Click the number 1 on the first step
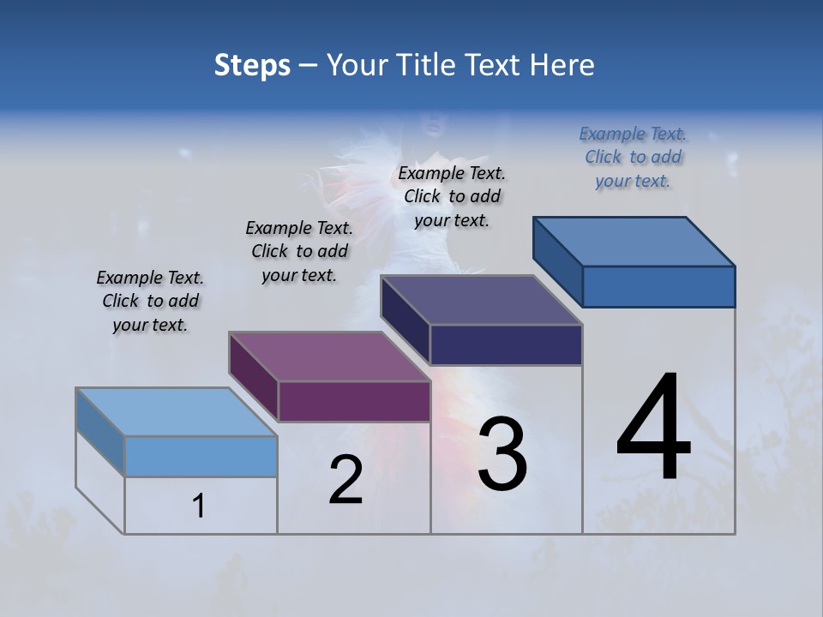(x=199, y=506)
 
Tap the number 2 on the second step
(x=346, y=480)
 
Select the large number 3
(x=502, y=454)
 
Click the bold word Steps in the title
(x=252, y=65)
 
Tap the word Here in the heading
(x=562, y=65)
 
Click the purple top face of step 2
(x=330, y=356)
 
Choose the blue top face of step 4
(x=634, y=242)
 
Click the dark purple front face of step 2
(x=354, y=402)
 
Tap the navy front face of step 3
(x=506, y=345)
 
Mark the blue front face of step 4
(x=658, y=286)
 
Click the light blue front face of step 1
(x=201, y=456)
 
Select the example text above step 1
(x=150, y=301)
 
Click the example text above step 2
(x=299, y=251)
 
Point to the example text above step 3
(x=452, y=196)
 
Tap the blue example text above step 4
(x=633, y=157)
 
